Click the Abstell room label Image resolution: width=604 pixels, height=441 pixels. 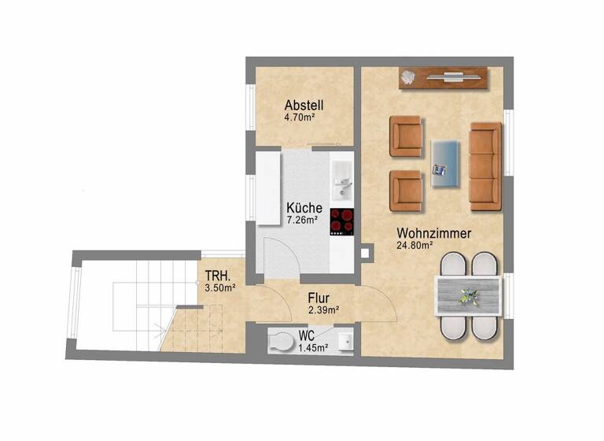pyautogui.click(x=304, y=106)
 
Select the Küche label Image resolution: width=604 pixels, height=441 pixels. pyautogui.click(x=303, y=208)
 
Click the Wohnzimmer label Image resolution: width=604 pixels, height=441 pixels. pyautogui.click(x=434, y=233)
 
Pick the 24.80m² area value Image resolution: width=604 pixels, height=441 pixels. pyautogui.click(x=415, y=246)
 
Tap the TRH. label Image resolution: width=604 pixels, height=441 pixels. pyautogui.click(x=217, y=276)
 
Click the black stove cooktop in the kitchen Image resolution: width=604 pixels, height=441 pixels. pyautogui.click(x=342, y=221)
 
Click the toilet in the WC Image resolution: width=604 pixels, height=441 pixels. pyautogui.click(x=279, y=341)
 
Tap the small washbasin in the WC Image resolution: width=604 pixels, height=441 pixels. pyautogui.click(x=344, y=341)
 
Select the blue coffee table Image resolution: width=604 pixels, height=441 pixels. pyautogui.click(x=446, y=163)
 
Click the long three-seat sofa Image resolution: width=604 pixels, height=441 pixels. pyautogui.click(x=484, y=166)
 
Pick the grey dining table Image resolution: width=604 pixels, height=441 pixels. pyautogui.click(x=469, y=296)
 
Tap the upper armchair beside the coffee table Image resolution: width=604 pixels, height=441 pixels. pyautogui.click(x=407, y=136)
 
